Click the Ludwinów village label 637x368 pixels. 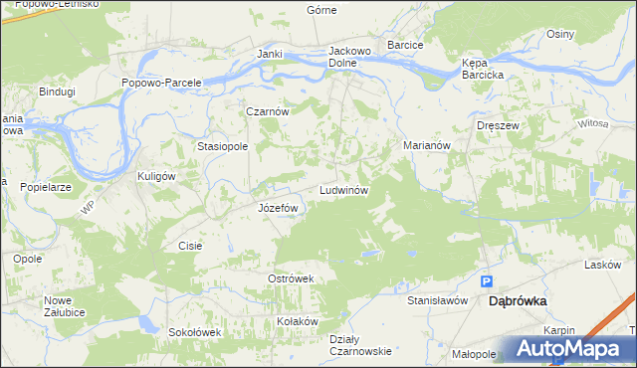[x=344, y=189]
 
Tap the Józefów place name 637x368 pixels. [x=279, y=208]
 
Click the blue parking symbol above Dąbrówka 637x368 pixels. [x=487, y=281]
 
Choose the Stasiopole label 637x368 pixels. [x=222, y=145]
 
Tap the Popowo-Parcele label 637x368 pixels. [x=161, y=83]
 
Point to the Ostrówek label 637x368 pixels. [x=291, y=278]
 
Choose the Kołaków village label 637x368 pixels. [x=298, y=321]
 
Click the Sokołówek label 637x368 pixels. [x=193, y=332]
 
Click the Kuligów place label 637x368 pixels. [x=156, y=175]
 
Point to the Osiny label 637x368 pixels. [x=560, y=34]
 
